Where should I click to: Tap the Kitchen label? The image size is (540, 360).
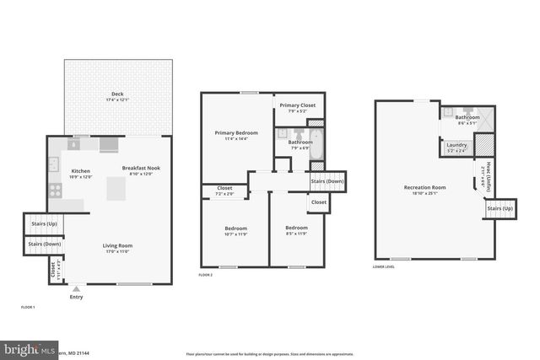(x=81, y=171)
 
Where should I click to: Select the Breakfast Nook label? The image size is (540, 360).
(x=141, y=167)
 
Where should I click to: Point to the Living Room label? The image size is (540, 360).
(x=118, y=245)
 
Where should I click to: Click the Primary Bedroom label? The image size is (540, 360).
(x=236, y=132)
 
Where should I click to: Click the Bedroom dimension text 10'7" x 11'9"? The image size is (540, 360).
(x=235, y=234)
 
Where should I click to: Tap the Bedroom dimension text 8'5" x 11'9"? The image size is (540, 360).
(x=296, y=234)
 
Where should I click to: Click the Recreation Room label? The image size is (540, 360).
(x=425, y=186)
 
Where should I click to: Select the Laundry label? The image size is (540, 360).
(x=457, y=146)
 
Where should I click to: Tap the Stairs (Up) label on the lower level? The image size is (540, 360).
(x=499, y=207)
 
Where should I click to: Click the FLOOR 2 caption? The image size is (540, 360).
(x=206, y=275)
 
